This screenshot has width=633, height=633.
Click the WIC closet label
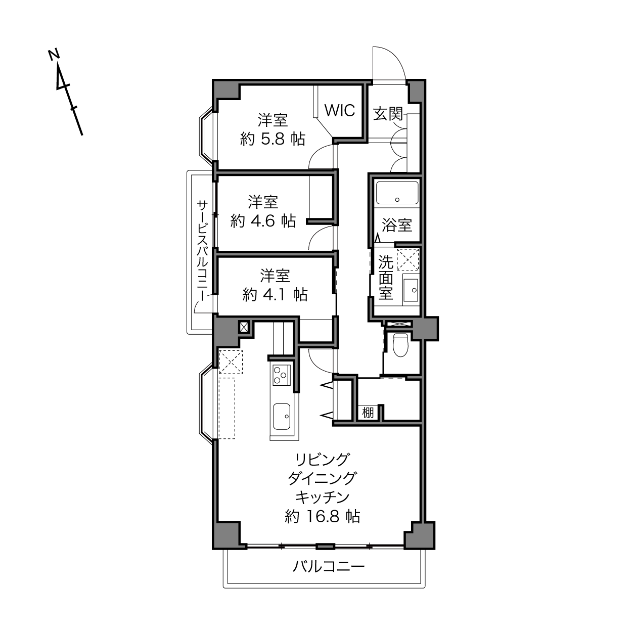tap(340, 110)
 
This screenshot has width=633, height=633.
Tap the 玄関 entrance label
tap(388, 114)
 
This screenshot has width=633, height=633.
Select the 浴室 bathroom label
tap(397, 225)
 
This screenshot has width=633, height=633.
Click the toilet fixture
tap(400, 345)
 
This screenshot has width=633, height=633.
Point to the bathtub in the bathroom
tap(397, 193)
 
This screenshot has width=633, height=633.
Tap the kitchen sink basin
tap(282, 416)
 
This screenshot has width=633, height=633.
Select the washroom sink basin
tap(411, 290)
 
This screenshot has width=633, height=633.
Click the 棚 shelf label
tap(368, 412)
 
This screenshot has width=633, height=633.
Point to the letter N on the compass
tap(54, 55)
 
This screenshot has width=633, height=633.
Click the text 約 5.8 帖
tap(273, 139)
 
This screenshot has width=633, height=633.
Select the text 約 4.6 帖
tap(263, 221)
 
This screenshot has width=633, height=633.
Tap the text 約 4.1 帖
tap(275, 295)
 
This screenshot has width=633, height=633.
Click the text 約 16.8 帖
tap(322, 516)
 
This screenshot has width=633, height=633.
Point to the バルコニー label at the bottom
tap(329, 566)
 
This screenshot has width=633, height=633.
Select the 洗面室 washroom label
tap(386, 277)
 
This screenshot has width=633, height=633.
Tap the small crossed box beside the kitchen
tap(244, 327)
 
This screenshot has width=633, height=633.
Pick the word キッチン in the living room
tap(322, 498)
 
